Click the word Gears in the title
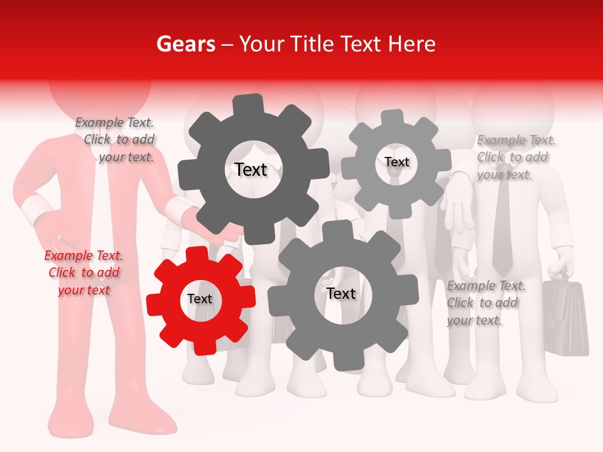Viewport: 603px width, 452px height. pos(185,44)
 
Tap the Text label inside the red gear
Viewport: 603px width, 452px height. pos(200,299)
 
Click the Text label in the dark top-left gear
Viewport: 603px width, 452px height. pos(251,169)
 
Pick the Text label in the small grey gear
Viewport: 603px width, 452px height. pos(396,162)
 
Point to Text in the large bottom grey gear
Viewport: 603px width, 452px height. pos(341,294)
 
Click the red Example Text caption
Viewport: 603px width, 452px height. pos(84,272)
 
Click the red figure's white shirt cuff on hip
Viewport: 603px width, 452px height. pos(35,209)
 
